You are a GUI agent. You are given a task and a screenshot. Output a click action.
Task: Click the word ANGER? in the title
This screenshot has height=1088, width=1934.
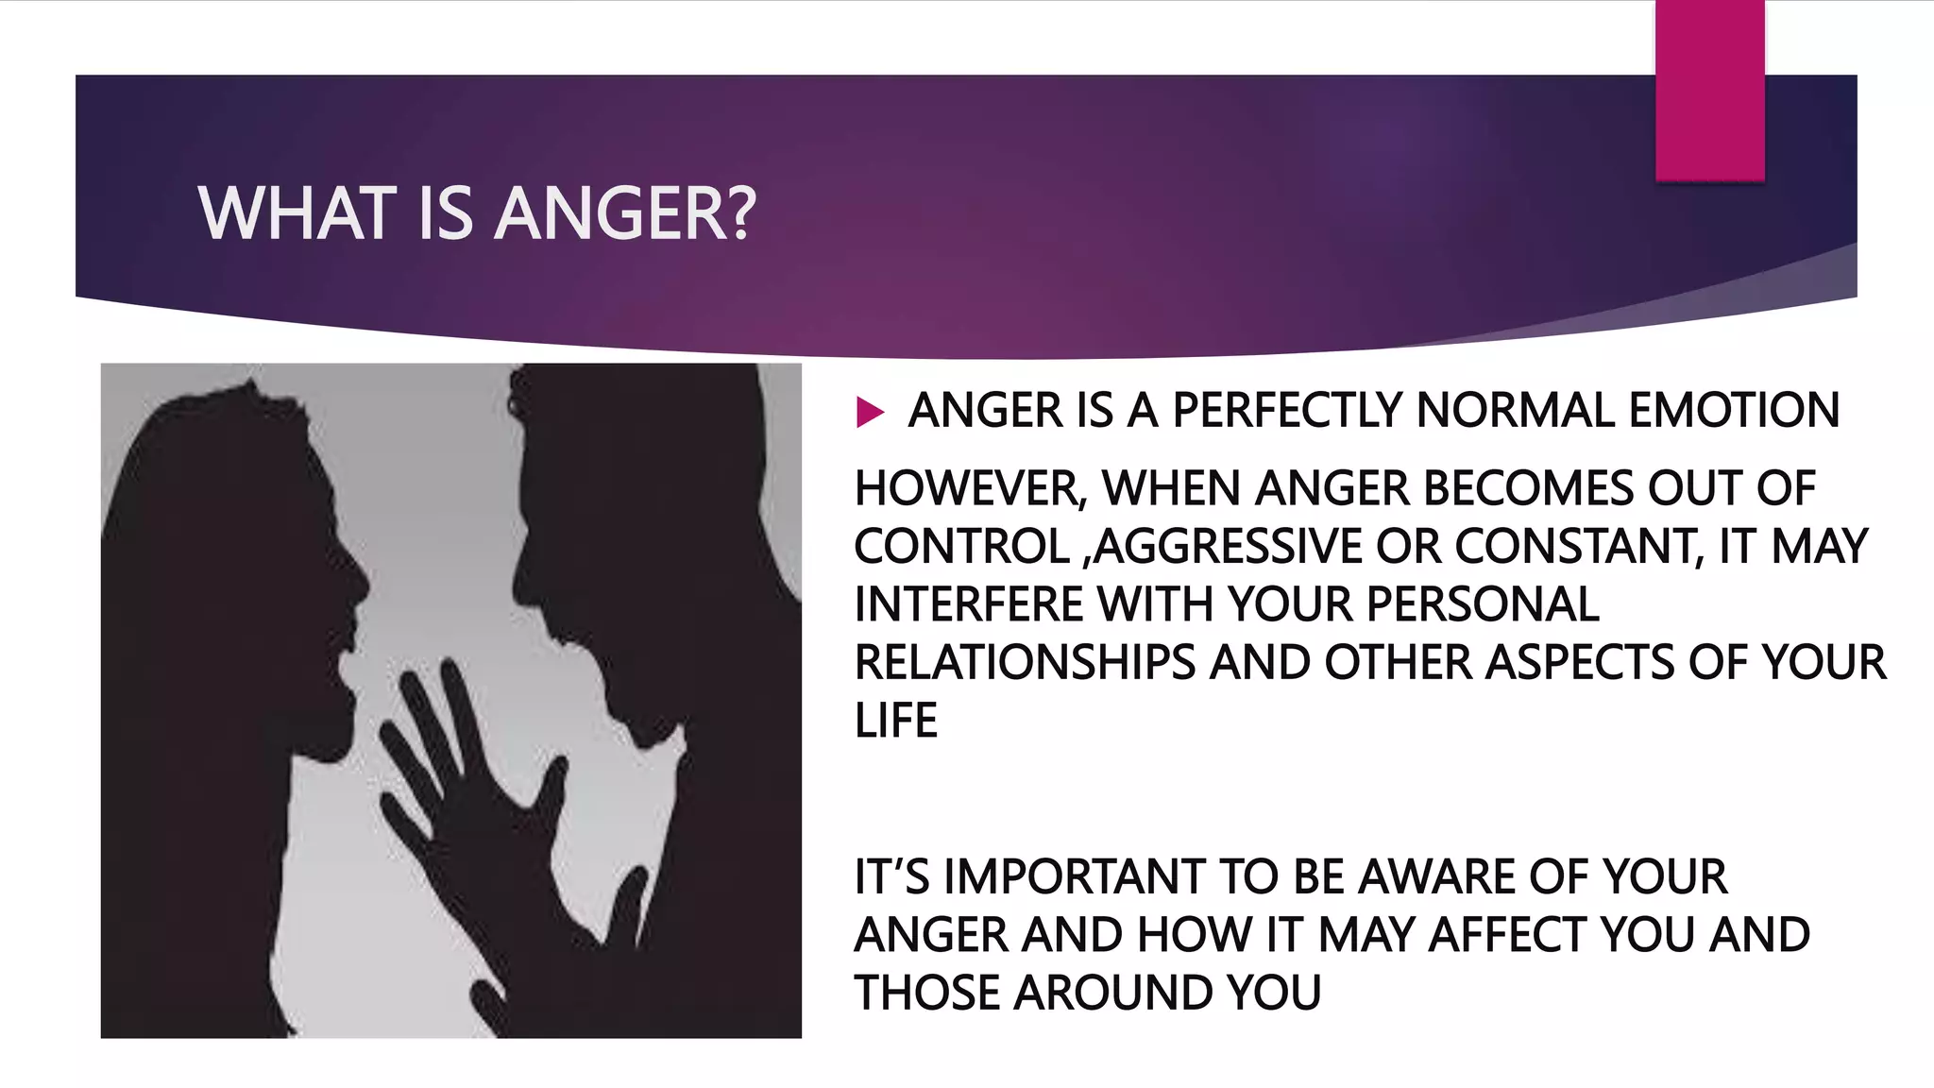625,214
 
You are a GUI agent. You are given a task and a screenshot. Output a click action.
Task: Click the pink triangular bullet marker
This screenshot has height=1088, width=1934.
869,412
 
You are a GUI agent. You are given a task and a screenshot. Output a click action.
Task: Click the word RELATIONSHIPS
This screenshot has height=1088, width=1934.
1025,663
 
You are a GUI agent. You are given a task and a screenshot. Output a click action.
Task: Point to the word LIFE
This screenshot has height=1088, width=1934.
895,722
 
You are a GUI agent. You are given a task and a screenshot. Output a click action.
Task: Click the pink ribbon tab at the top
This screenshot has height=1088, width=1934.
1709,90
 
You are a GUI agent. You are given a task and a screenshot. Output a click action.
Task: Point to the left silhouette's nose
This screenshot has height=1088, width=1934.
362,578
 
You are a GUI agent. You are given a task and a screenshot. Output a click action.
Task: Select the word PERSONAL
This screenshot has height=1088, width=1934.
1483,605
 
